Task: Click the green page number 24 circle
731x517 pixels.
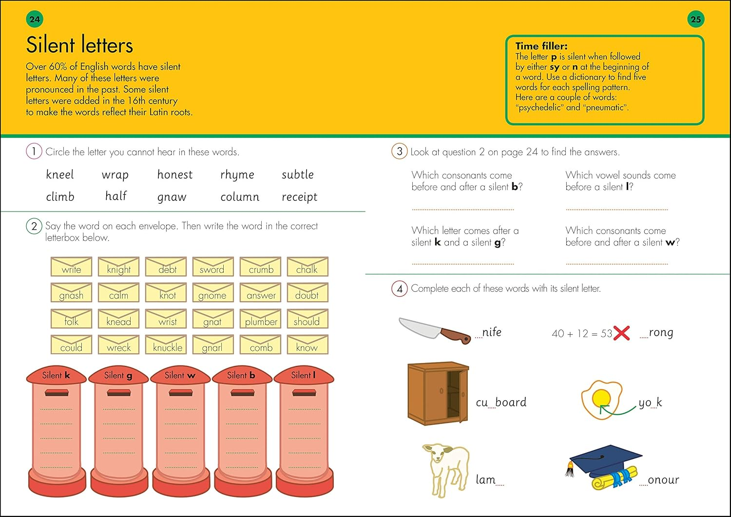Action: coord(35,19)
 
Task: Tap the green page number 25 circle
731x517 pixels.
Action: coord(695,19)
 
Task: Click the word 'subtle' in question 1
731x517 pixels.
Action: coord(297,174)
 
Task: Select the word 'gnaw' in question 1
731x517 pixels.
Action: coord(172,197)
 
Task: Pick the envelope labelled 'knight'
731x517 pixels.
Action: coord(118,267)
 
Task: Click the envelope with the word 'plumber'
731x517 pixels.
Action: coord(261,320)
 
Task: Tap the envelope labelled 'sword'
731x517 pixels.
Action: coord(212,267)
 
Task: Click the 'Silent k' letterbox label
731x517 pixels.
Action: coord(56,375)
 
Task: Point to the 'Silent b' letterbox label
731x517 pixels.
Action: coord(241,375)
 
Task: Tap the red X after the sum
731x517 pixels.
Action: coord(621,333)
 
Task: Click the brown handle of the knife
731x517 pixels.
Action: coord(456,336)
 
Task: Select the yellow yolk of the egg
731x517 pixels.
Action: coord(600,398)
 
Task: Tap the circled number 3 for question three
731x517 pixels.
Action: coord(399,152)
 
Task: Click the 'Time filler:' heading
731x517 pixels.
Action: coord(541,46)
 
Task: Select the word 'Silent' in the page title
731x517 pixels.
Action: coord(50,45)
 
